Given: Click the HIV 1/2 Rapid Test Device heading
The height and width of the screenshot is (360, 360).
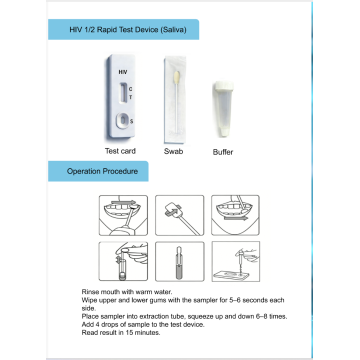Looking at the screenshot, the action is click(x=128, y=30).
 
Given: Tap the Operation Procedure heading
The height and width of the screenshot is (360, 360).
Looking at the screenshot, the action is click(x=102, y=171).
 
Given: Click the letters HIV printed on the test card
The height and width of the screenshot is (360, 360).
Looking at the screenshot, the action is click(x=123, y=72).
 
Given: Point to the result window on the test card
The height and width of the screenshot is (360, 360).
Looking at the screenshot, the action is click(x=123, y=93).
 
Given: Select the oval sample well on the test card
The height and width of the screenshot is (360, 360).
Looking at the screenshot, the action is click(x=123, y=120).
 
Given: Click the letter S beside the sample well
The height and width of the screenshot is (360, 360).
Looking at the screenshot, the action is click(x=131, y=122).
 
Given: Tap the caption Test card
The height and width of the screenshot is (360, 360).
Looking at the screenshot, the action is click(x=120, y=151).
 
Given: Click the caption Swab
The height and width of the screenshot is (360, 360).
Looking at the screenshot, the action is click(x=174, y=151).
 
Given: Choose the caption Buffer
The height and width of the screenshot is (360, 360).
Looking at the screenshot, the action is click(x=223, y=152).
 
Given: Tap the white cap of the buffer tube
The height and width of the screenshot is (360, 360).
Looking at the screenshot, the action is click(x=223, y=86).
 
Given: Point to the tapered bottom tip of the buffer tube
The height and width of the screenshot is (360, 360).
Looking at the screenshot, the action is click(x=224, y=132).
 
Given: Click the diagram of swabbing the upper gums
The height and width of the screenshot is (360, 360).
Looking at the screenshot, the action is click(x=123, y=215).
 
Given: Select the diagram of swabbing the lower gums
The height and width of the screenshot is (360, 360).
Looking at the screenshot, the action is click(x=236, y=215).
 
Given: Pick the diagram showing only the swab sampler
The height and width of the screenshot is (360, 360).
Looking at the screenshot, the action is click(x=180, y=215).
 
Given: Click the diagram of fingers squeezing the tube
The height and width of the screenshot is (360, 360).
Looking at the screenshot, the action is click(x=123, y=261).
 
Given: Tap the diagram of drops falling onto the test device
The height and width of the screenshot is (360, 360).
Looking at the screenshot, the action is click(x=236, y=261).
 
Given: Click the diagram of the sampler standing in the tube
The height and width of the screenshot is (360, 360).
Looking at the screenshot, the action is click(x=180, y=261).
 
